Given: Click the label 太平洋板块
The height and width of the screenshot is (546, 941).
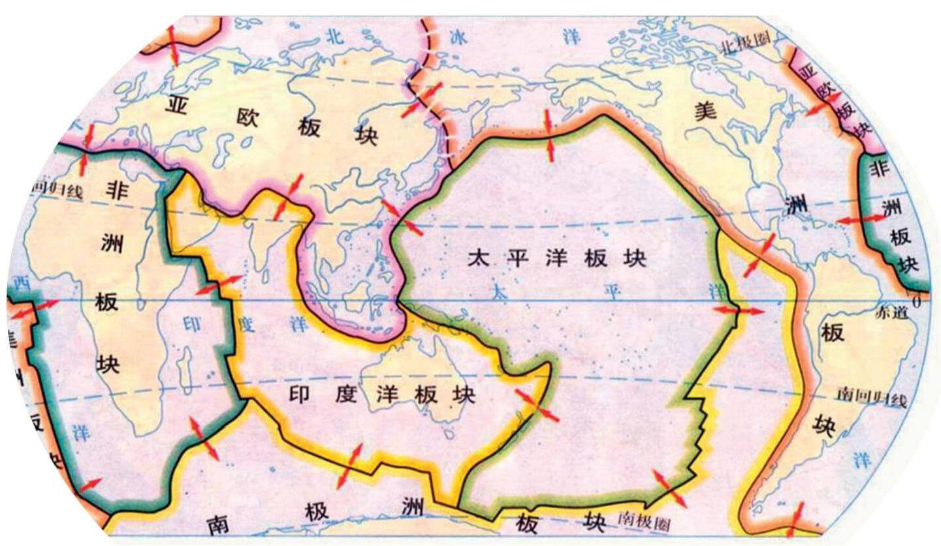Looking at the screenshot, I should tap(556, 259).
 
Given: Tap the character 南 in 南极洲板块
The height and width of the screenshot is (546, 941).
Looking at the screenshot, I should tap(218, 524).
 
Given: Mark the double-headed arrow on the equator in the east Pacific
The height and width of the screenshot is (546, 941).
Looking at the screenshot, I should tap(738, 312).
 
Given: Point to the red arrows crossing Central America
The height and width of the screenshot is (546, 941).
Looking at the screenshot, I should tap(760, 254).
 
